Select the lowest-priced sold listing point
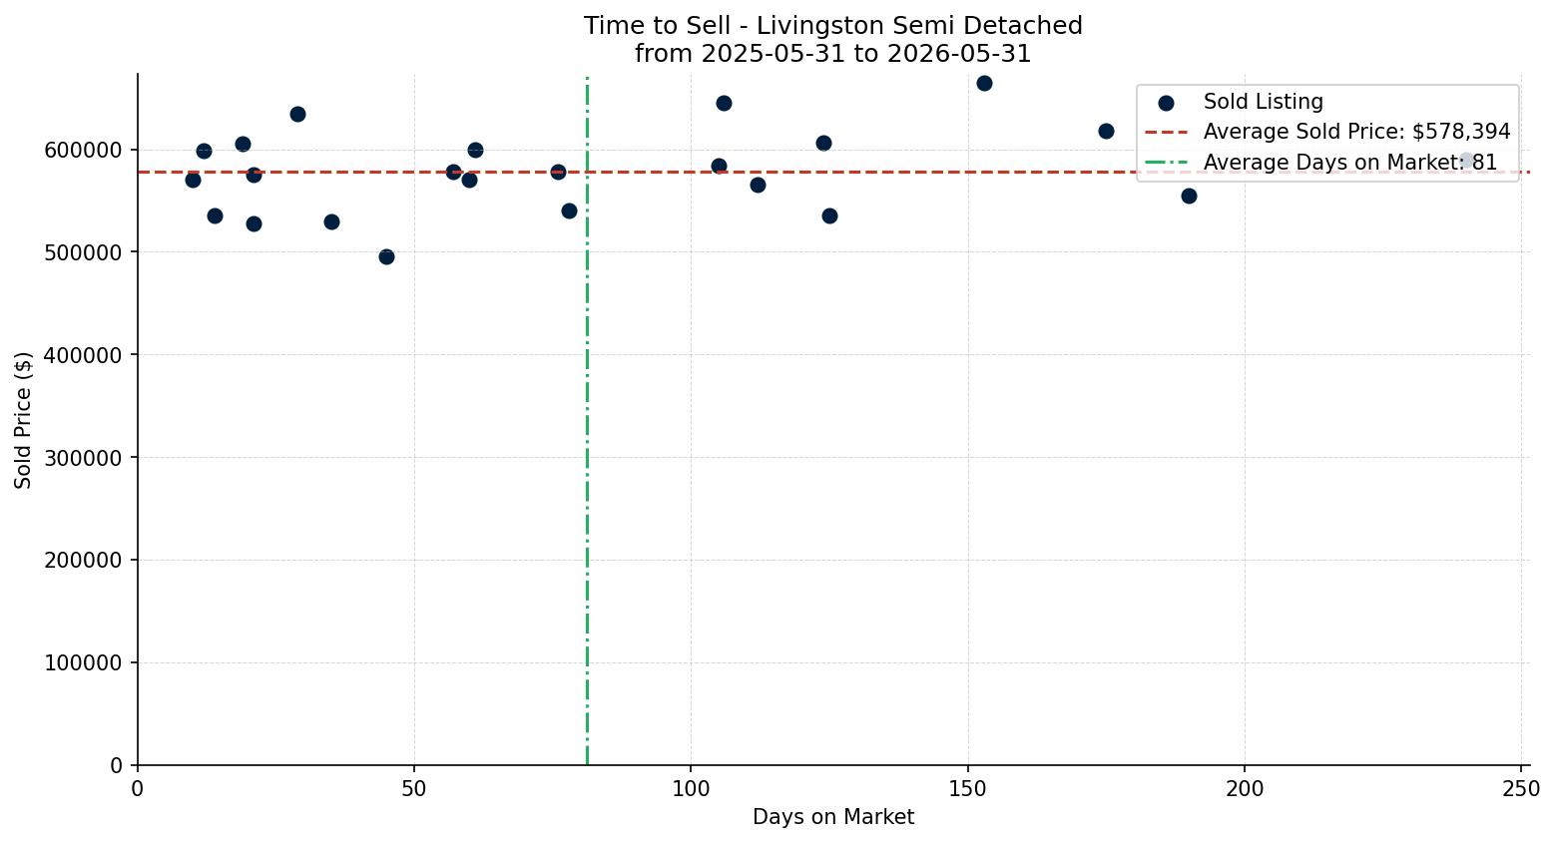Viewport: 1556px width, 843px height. pyautogui.click(x=387, y=257)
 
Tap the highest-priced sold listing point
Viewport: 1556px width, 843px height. pyautogui.click(x=984, y=84)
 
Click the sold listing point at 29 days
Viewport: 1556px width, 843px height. pyautogui.click(x=298, y=115)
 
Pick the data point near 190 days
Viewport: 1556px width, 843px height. pyautogui.click(x=1190, y=197)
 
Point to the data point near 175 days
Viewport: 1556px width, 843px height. pyautogui.click(x=1107, y=132)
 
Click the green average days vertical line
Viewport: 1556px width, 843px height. pyautogui.click(x=587, y=421)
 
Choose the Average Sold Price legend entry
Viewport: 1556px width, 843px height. pyautogui.click(x=1327, y=132)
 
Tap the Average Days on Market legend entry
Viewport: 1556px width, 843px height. pyautogui.click(x=1320, y=163)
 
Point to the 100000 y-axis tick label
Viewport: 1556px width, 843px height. pyautogui.click(x=83, y=663)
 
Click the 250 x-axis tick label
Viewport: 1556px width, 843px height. pyautogui.click(x=1521, y=789)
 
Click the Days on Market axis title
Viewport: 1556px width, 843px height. pyautogui.click(x=833, y=817)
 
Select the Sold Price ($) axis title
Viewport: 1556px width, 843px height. pyautogui.click(x=23, y=421)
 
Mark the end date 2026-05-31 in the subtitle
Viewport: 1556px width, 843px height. pyautogui.click(x=959, y=54)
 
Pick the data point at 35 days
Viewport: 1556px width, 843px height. pyautogui.click(x=332, y=222)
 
